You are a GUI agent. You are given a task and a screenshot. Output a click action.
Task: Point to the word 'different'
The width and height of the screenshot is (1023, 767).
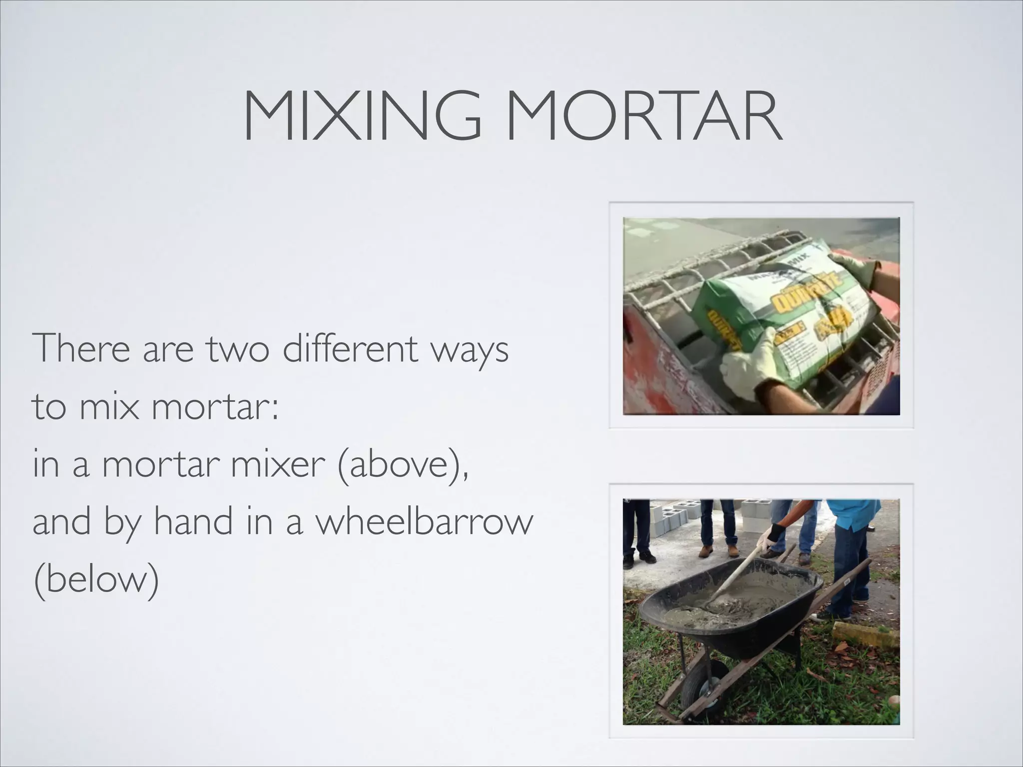pyautogui.click(x=350, y=348)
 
